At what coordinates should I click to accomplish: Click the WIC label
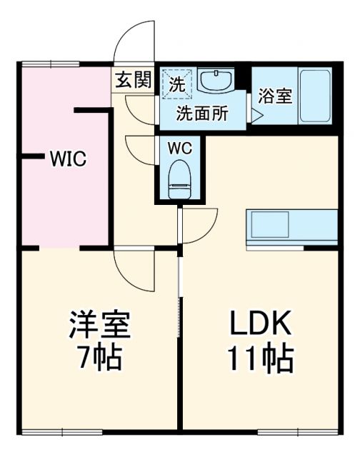point(67,159)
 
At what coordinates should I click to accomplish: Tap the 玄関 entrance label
point(132,80)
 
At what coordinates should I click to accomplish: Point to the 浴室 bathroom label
point(275,96)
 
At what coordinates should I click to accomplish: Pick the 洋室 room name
point(99,326)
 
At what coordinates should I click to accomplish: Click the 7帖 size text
point(99,358)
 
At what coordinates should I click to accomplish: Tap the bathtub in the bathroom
point(314,96)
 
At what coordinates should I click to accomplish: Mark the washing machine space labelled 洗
point(176,82)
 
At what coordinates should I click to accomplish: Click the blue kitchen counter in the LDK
point(291,227)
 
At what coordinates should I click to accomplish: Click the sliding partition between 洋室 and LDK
point(179,300)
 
